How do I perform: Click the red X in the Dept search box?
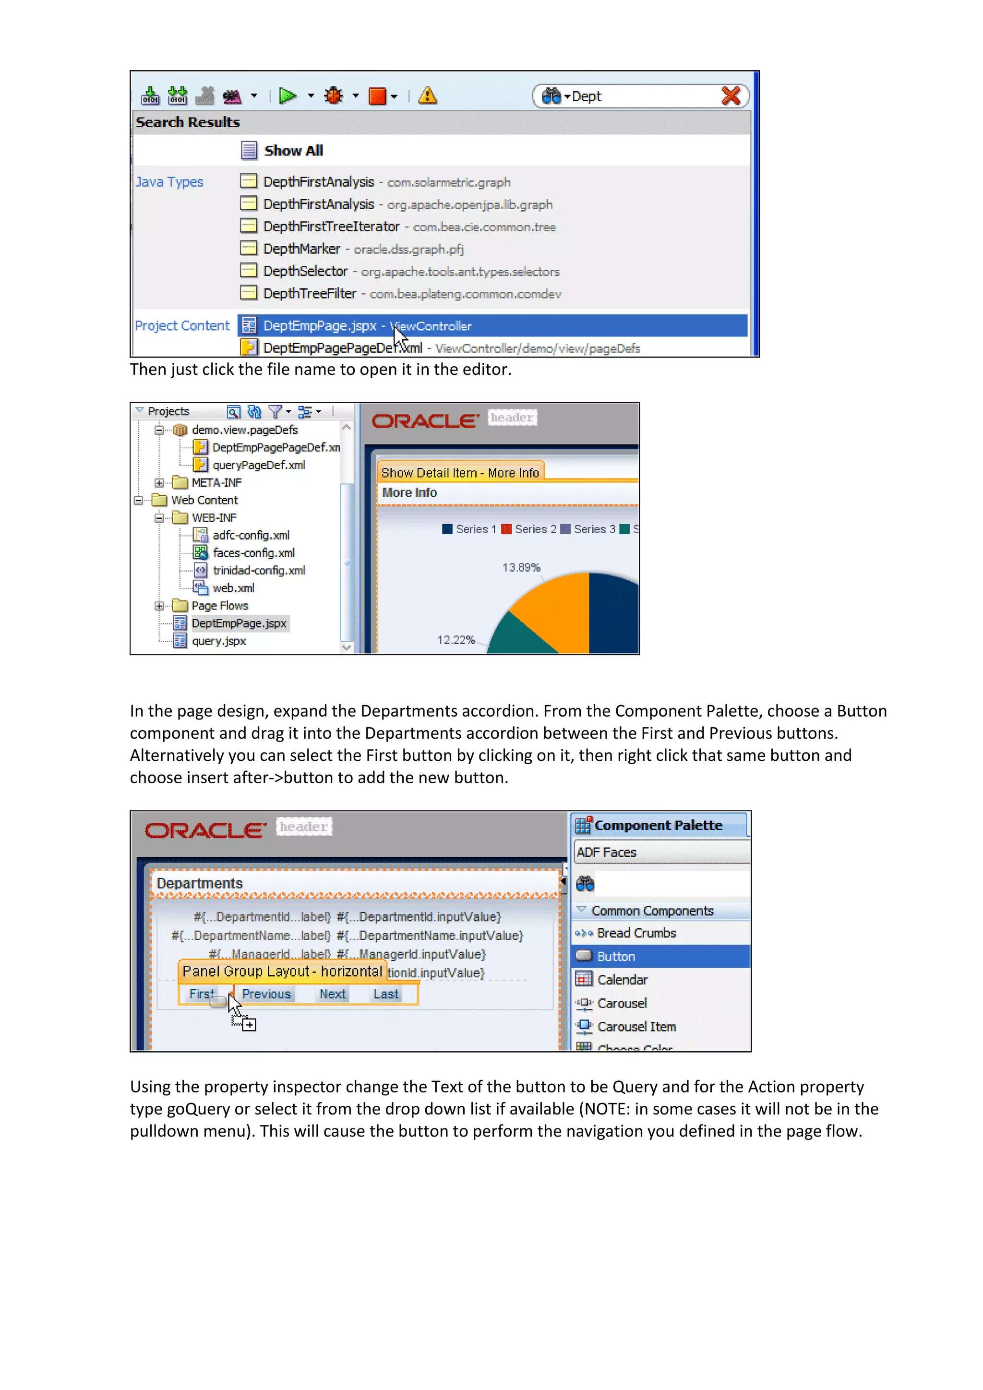click(731, 96)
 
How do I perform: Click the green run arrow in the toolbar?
click(288, 96)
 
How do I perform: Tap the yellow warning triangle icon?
click(427, 96)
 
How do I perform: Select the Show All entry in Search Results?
click(293, 150)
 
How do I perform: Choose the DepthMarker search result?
click(301, 249)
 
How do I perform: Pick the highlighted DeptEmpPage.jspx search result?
click(320, 326)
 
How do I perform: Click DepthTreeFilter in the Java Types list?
click(309, 294)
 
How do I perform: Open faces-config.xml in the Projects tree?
click(253, 553)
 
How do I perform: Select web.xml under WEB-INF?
click(233, 588)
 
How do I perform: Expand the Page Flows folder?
click(158, 605)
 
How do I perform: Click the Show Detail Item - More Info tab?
click(459, 472)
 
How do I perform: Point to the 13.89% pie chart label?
click(521, 567)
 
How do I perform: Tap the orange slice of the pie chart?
click(557, 611)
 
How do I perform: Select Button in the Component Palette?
click(616, 957)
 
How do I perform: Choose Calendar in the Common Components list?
click(622, 980)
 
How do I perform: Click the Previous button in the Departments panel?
click(266, 994)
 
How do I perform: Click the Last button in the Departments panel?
click(385, 994)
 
